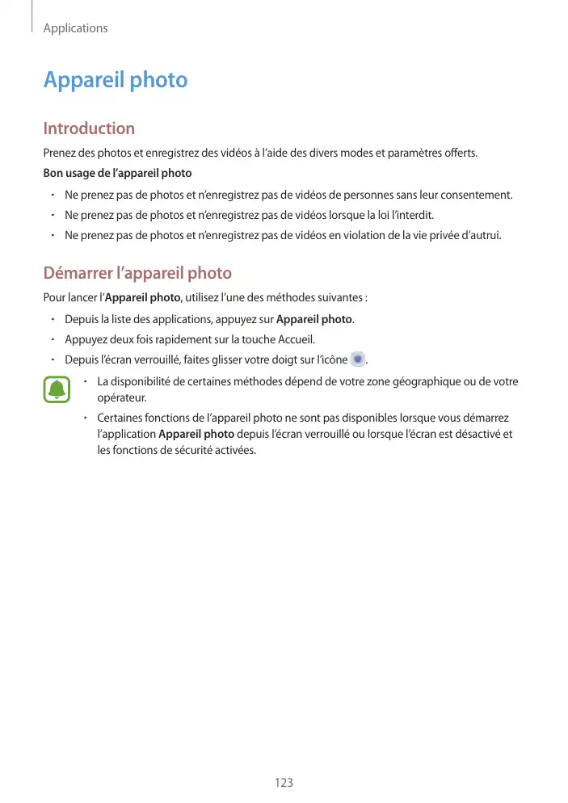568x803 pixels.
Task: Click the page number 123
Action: (284, 783)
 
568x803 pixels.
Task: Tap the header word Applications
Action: (75, 28)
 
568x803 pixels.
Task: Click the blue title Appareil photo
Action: (116, 81)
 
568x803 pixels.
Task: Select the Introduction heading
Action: (89, 128)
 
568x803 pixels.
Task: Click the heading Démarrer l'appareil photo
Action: (137, 273)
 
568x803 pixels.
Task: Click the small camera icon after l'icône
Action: (358, 359)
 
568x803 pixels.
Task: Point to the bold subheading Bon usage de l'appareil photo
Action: (117, 174)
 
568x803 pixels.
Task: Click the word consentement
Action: (474, 195)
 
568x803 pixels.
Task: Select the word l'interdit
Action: (412, 216)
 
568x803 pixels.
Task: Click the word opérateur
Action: (121, 398)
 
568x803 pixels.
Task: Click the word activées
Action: (232, 451)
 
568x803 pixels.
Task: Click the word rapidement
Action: (183, 339)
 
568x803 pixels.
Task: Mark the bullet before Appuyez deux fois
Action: (51, 339)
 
